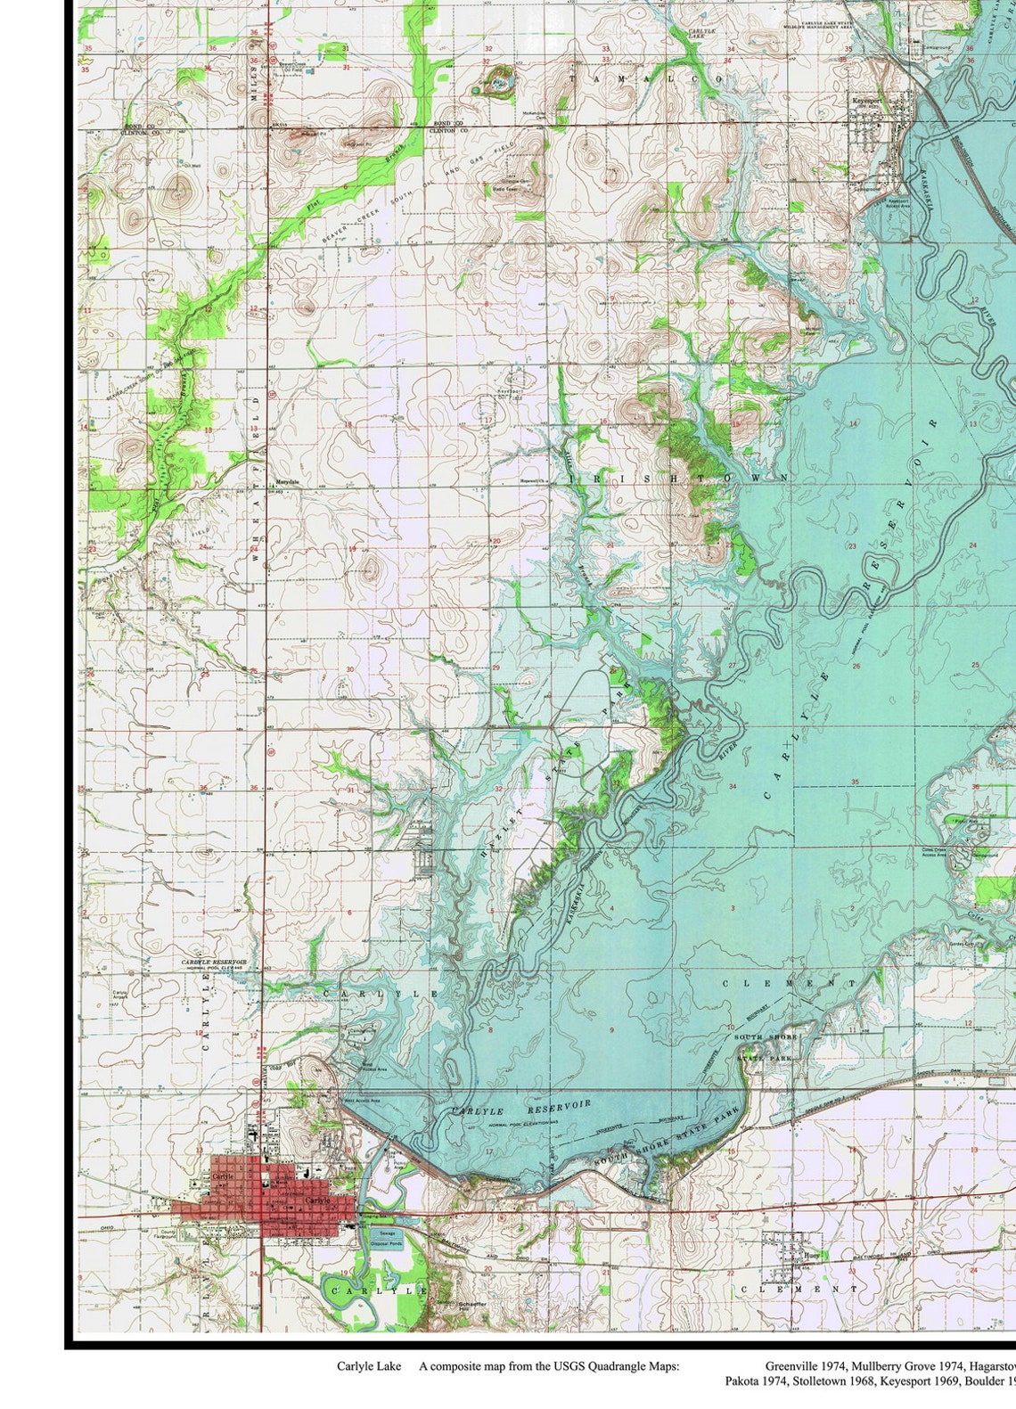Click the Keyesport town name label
coord(866,101)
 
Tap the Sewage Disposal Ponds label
coord(386,1237)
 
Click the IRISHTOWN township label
coord(677,479)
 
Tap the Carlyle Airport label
coord(119,996)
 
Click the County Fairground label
coord(167,1235)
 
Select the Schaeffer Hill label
coord(473,1303)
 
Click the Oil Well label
coord(191,165)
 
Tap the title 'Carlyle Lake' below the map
coord(368,1366)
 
